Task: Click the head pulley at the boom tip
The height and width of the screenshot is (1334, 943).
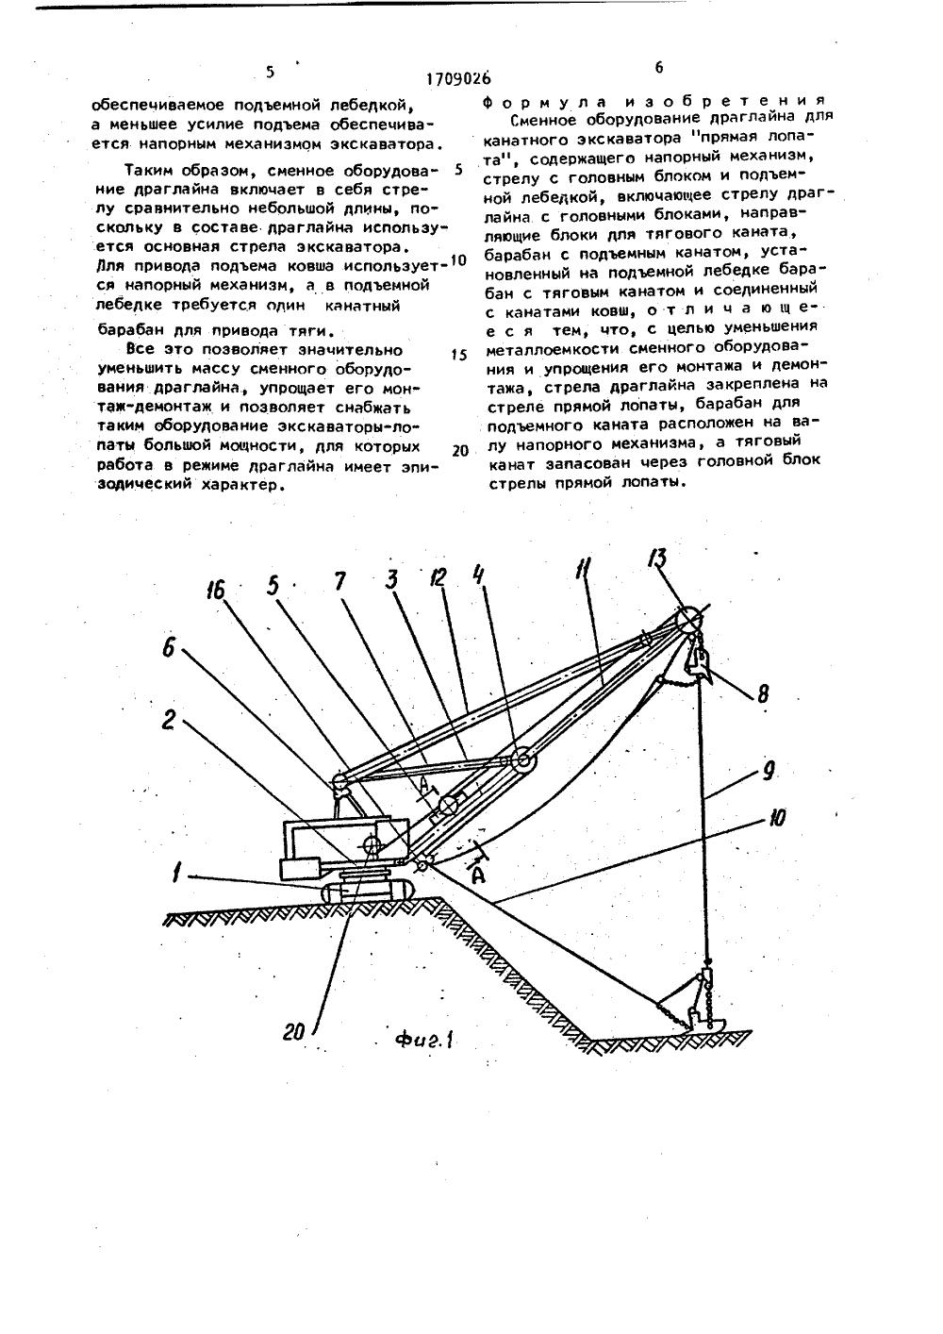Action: tap(687, 617)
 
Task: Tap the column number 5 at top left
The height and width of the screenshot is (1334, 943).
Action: tap(271, 71)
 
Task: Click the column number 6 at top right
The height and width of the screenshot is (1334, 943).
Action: tap(658, 67)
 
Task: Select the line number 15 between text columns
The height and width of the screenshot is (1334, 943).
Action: tap(459, 356)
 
